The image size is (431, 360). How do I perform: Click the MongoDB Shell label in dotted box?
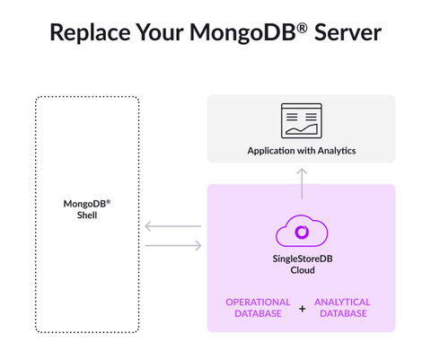tap(87, 208)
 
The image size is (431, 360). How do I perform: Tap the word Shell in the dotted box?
tap(87, 215)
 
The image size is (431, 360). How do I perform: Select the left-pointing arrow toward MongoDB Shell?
tap(172, 226)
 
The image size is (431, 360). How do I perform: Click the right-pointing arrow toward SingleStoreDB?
tap(172, 243)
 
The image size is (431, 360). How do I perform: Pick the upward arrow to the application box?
tap(302, 183)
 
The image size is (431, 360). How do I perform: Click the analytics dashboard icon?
tap(302, 121)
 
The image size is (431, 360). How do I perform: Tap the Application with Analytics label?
tap(302, 150)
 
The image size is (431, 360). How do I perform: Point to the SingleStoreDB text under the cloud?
tap(302, 259)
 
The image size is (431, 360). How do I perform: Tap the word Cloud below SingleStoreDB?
tap(302, 270)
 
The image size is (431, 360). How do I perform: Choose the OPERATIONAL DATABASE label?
tap(258, 307)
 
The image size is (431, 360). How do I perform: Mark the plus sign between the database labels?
tap(302, 308)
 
